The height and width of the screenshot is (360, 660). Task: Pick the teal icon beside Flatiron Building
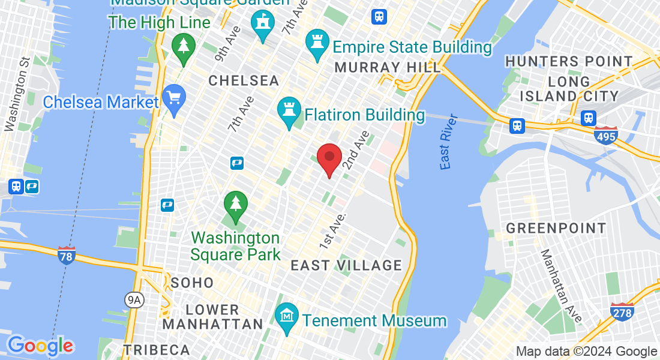click(289, 111)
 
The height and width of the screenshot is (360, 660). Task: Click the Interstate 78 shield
click(67, 256)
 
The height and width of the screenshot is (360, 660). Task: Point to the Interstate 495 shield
click(607, 136)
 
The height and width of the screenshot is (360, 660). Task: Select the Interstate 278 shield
click(622, 312)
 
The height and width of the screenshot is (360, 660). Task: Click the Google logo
click(40, 346)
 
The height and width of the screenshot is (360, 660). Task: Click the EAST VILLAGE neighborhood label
click(346, 265)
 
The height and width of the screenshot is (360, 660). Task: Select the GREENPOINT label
click(556, 228)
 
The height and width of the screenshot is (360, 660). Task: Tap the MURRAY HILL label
click(388, 67)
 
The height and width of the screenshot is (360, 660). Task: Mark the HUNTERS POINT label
click(569, 61)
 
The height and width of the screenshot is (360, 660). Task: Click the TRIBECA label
click(157, 349)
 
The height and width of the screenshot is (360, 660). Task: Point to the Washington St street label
click(17, 94)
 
